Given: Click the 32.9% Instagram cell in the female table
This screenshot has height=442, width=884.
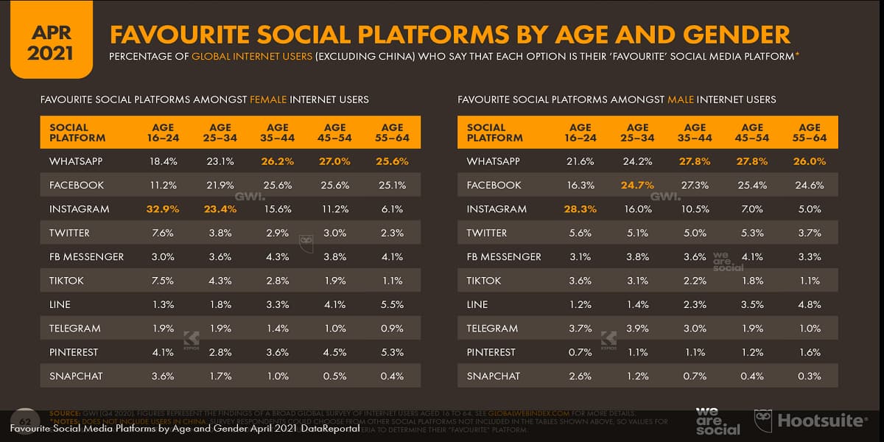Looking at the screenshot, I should [163, 209].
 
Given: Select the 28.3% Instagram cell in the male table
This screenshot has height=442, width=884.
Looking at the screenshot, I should [580, 209].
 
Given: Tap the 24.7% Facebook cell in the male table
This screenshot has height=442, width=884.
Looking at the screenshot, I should [637, 185].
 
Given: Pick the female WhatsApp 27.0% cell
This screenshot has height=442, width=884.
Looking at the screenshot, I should [335, 161].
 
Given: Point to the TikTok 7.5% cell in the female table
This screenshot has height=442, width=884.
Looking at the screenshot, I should [163, 281].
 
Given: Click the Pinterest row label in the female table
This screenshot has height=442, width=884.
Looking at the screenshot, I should [74, 352].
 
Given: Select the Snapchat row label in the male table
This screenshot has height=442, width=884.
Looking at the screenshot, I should [493, 376].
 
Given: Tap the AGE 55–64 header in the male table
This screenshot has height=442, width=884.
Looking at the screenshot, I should [810, 133].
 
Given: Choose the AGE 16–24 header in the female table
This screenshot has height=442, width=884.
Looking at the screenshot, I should [163, 133].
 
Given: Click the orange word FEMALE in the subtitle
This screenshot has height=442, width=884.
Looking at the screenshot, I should [269, 99].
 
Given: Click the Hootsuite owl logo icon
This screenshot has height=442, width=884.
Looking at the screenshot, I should [763, 421].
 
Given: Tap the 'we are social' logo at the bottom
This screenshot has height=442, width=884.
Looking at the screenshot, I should [718, 420].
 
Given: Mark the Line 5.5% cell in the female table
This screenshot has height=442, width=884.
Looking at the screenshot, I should [393, 305].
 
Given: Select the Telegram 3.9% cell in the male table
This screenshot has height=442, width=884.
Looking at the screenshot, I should [637, 329].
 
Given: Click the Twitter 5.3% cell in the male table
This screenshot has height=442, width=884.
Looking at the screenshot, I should [752, 233].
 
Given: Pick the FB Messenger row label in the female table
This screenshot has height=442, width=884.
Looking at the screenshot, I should [86, 257].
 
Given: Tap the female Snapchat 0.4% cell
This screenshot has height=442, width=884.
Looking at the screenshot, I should [393, 376].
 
